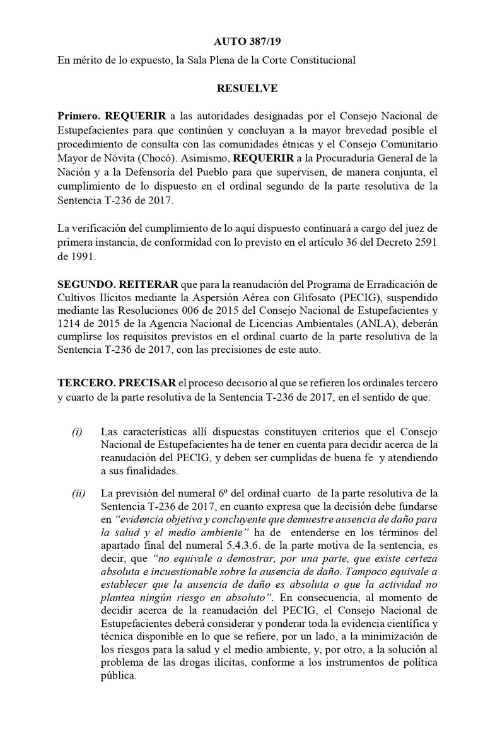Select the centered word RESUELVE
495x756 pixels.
click(x=247, y=89)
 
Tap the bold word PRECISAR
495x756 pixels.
click(x=148, y=382)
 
